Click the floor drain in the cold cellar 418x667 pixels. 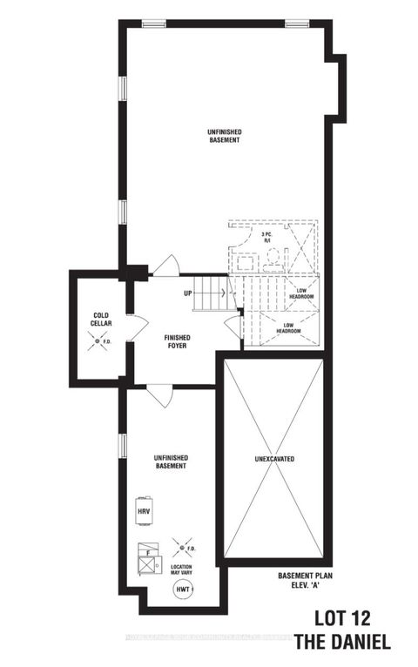[x=98, y=339]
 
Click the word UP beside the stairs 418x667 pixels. [x=187, y=293]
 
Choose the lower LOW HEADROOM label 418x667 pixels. [x=288, y=328]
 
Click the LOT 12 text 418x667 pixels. [x=348, y=622]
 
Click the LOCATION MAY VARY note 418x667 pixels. [x=182, y=570]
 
